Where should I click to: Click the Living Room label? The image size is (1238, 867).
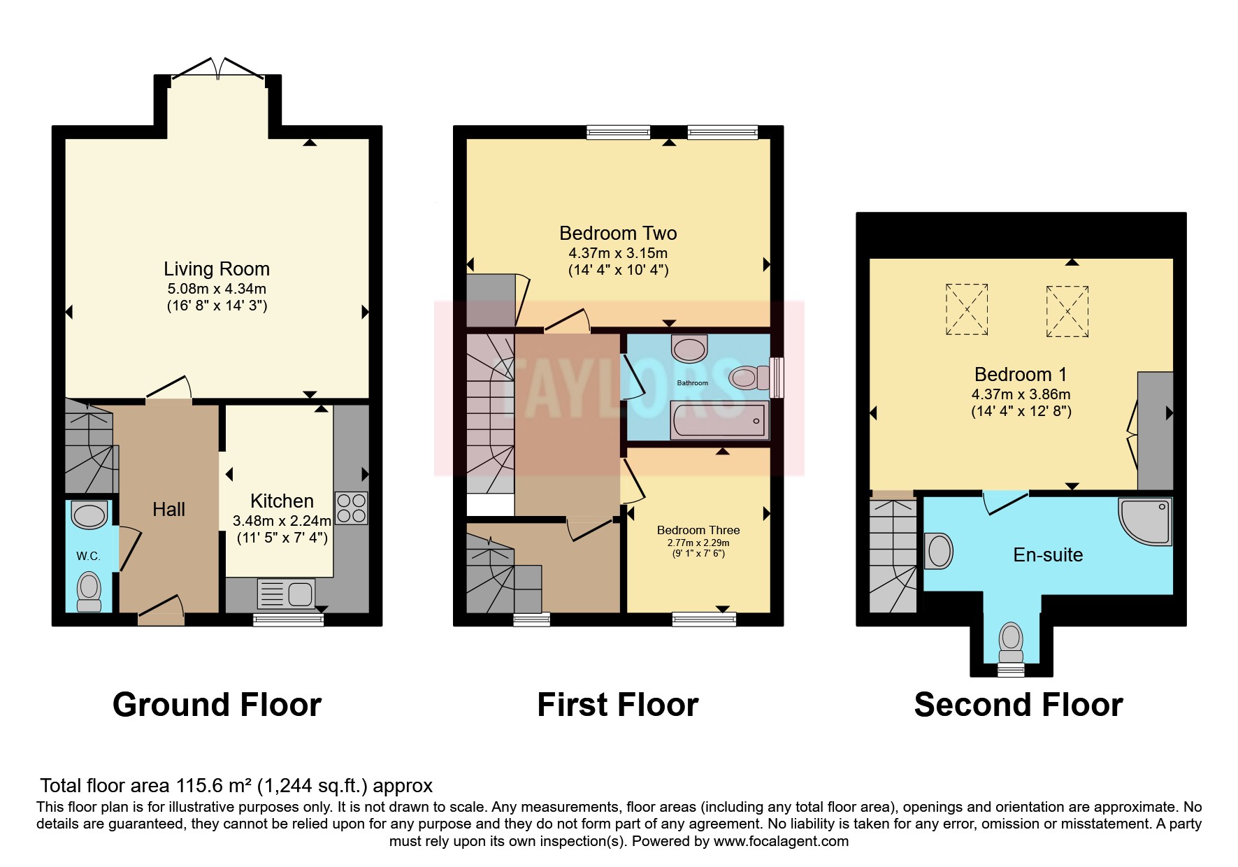pos(217,269)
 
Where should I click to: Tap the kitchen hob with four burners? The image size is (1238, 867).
pos(352,508)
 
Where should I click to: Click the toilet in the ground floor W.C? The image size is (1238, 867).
pos(89,592)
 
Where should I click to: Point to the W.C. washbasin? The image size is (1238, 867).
pos(90,515)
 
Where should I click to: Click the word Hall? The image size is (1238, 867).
pos(169,510)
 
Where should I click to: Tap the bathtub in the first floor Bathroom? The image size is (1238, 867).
pos(719,420)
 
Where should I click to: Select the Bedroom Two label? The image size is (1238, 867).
pos(618,233)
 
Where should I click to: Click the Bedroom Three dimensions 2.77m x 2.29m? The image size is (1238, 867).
pos(698,543)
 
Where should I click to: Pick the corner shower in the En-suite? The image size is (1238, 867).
pos(1145,521)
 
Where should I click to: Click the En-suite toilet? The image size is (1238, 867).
pos(1011,643)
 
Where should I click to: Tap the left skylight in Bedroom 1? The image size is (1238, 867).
pos(967,309)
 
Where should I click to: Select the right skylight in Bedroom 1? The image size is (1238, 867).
pos(1067,311)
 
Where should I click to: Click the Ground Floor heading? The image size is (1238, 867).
pos(217,705)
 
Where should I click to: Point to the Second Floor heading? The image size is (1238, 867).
pos(1019,705)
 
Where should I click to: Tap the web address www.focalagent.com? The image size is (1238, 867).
pos(781,841)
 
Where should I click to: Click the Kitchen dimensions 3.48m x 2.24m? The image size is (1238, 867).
pos(282,521)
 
